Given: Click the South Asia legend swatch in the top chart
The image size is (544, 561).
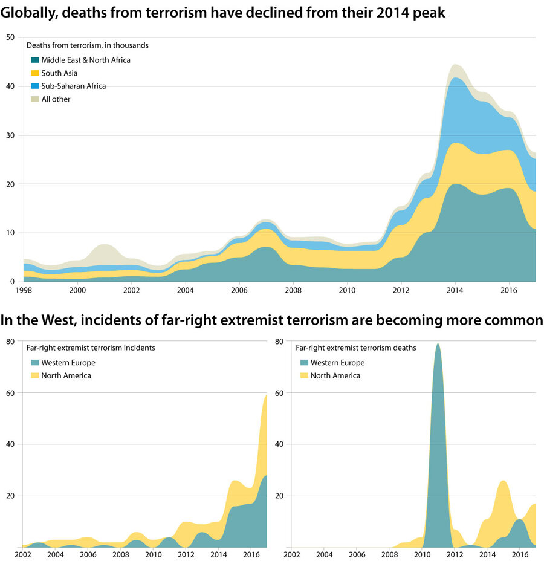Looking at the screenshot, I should click(x=35, y=73).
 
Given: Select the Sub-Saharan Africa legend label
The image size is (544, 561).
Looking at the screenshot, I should click(x=73, y=86).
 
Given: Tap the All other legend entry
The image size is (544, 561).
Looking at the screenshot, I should click(x=56, y=99).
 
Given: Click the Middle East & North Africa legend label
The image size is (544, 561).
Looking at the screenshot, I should click(x=86, y=60).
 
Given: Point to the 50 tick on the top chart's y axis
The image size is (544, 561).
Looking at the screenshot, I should click(x=10, y=37).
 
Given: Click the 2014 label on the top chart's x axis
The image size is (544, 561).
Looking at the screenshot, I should click(x=456, y=290).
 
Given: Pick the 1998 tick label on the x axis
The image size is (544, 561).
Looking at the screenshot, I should click(x=24, y=290).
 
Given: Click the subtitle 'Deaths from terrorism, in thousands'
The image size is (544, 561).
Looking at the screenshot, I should click(x=87, y=45).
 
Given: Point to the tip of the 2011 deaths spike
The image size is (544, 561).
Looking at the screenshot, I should click(x=438, y=344).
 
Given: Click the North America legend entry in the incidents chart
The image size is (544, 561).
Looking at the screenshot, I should click(x=66, y=375).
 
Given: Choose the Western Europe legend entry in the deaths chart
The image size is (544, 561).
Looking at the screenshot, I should click(x=337, y=363).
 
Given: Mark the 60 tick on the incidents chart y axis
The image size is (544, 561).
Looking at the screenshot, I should click(x=10, y=393).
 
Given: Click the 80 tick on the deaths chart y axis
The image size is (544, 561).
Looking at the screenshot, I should click(x=279, y=342).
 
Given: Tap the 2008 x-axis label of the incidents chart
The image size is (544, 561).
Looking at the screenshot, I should click(x=120, y=554).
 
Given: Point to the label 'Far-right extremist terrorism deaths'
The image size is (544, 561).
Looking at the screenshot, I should click(x=356, y=348).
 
